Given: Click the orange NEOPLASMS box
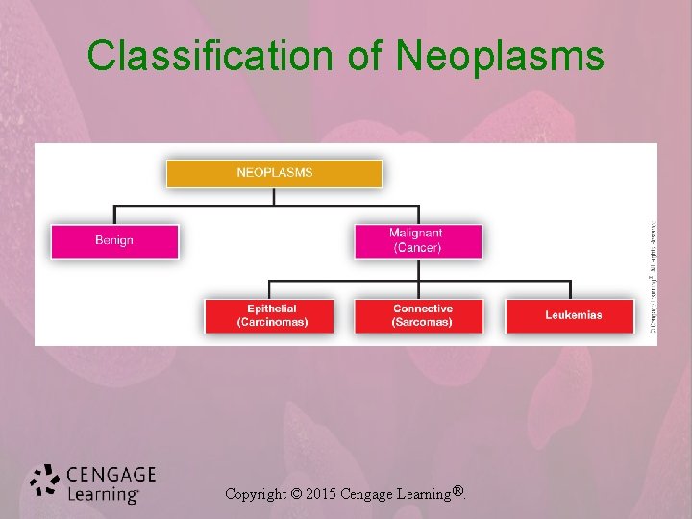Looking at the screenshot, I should coord(274,173).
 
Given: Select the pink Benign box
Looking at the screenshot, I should coord(114,240).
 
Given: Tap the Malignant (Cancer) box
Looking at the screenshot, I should coord(417,240).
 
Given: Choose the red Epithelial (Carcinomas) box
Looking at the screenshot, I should coord(269,315).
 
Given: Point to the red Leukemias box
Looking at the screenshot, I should coord(570,315).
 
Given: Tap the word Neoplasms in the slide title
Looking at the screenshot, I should coord(500,56).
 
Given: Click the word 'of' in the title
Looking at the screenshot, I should coord(364,56).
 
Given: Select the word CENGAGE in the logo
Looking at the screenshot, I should coord(111,475).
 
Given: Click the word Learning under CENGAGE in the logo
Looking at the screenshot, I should coord(103,494).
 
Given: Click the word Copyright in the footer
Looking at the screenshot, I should coord(255,494).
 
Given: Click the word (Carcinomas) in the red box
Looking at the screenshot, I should coord(272,322).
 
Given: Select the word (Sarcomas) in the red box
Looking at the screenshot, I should coord(422,322).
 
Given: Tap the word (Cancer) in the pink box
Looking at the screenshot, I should coord(417,247).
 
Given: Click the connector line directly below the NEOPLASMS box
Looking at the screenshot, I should coord(274,195).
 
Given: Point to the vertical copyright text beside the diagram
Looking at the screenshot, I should coord(652,279).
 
